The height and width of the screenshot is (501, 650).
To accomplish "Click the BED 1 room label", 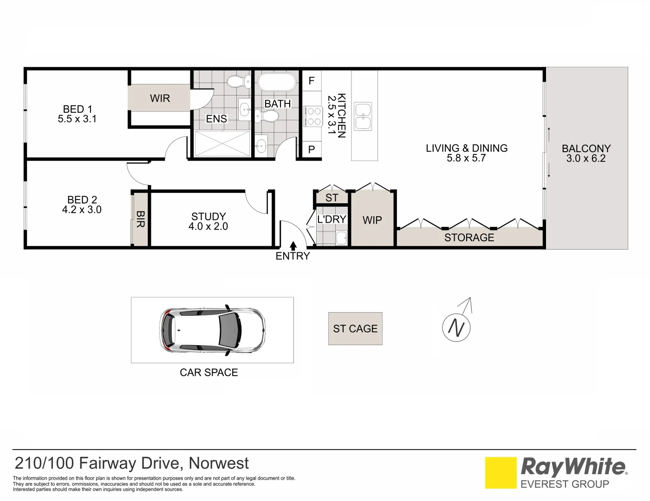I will click(77, 109).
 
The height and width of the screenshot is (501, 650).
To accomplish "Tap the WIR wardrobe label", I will click(160, 98).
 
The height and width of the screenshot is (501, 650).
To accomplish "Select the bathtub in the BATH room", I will click(277, 83).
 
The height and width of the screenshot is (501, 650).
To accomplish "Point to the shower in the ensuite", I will click(222, 144).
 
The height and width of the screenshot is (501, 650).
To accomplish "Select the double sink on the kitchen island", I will click(363, 116).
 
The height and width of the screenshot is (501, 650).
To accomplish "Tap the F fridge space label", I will click(312, 81).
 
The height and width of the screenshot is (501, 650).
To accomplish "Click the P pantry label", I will click(312, 149).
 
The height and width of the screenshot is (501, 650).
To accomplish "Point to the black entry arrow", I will click(293, 246).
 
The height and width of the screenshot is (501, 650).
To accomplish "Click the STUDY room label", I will click(208, 217).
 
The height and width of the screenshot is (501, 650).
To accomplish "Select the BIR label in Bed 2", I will click(140, 219).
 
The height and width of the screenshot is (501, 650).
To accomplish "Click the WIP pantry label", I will click(372, 220).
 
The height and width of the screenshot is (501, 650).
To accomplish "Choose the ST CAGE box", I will click(355, 328).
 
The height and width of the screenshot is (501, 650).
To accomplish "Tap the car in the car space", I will click(212, 330).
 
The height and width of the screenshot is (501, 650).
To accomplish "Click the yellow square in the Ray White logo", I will click(500, 473).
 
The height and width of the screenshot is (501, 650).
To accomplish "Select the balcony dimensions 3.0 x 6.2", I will click(586, 159).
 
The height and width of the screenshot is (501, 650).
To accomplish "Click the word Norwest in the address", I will click(219, 463).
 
